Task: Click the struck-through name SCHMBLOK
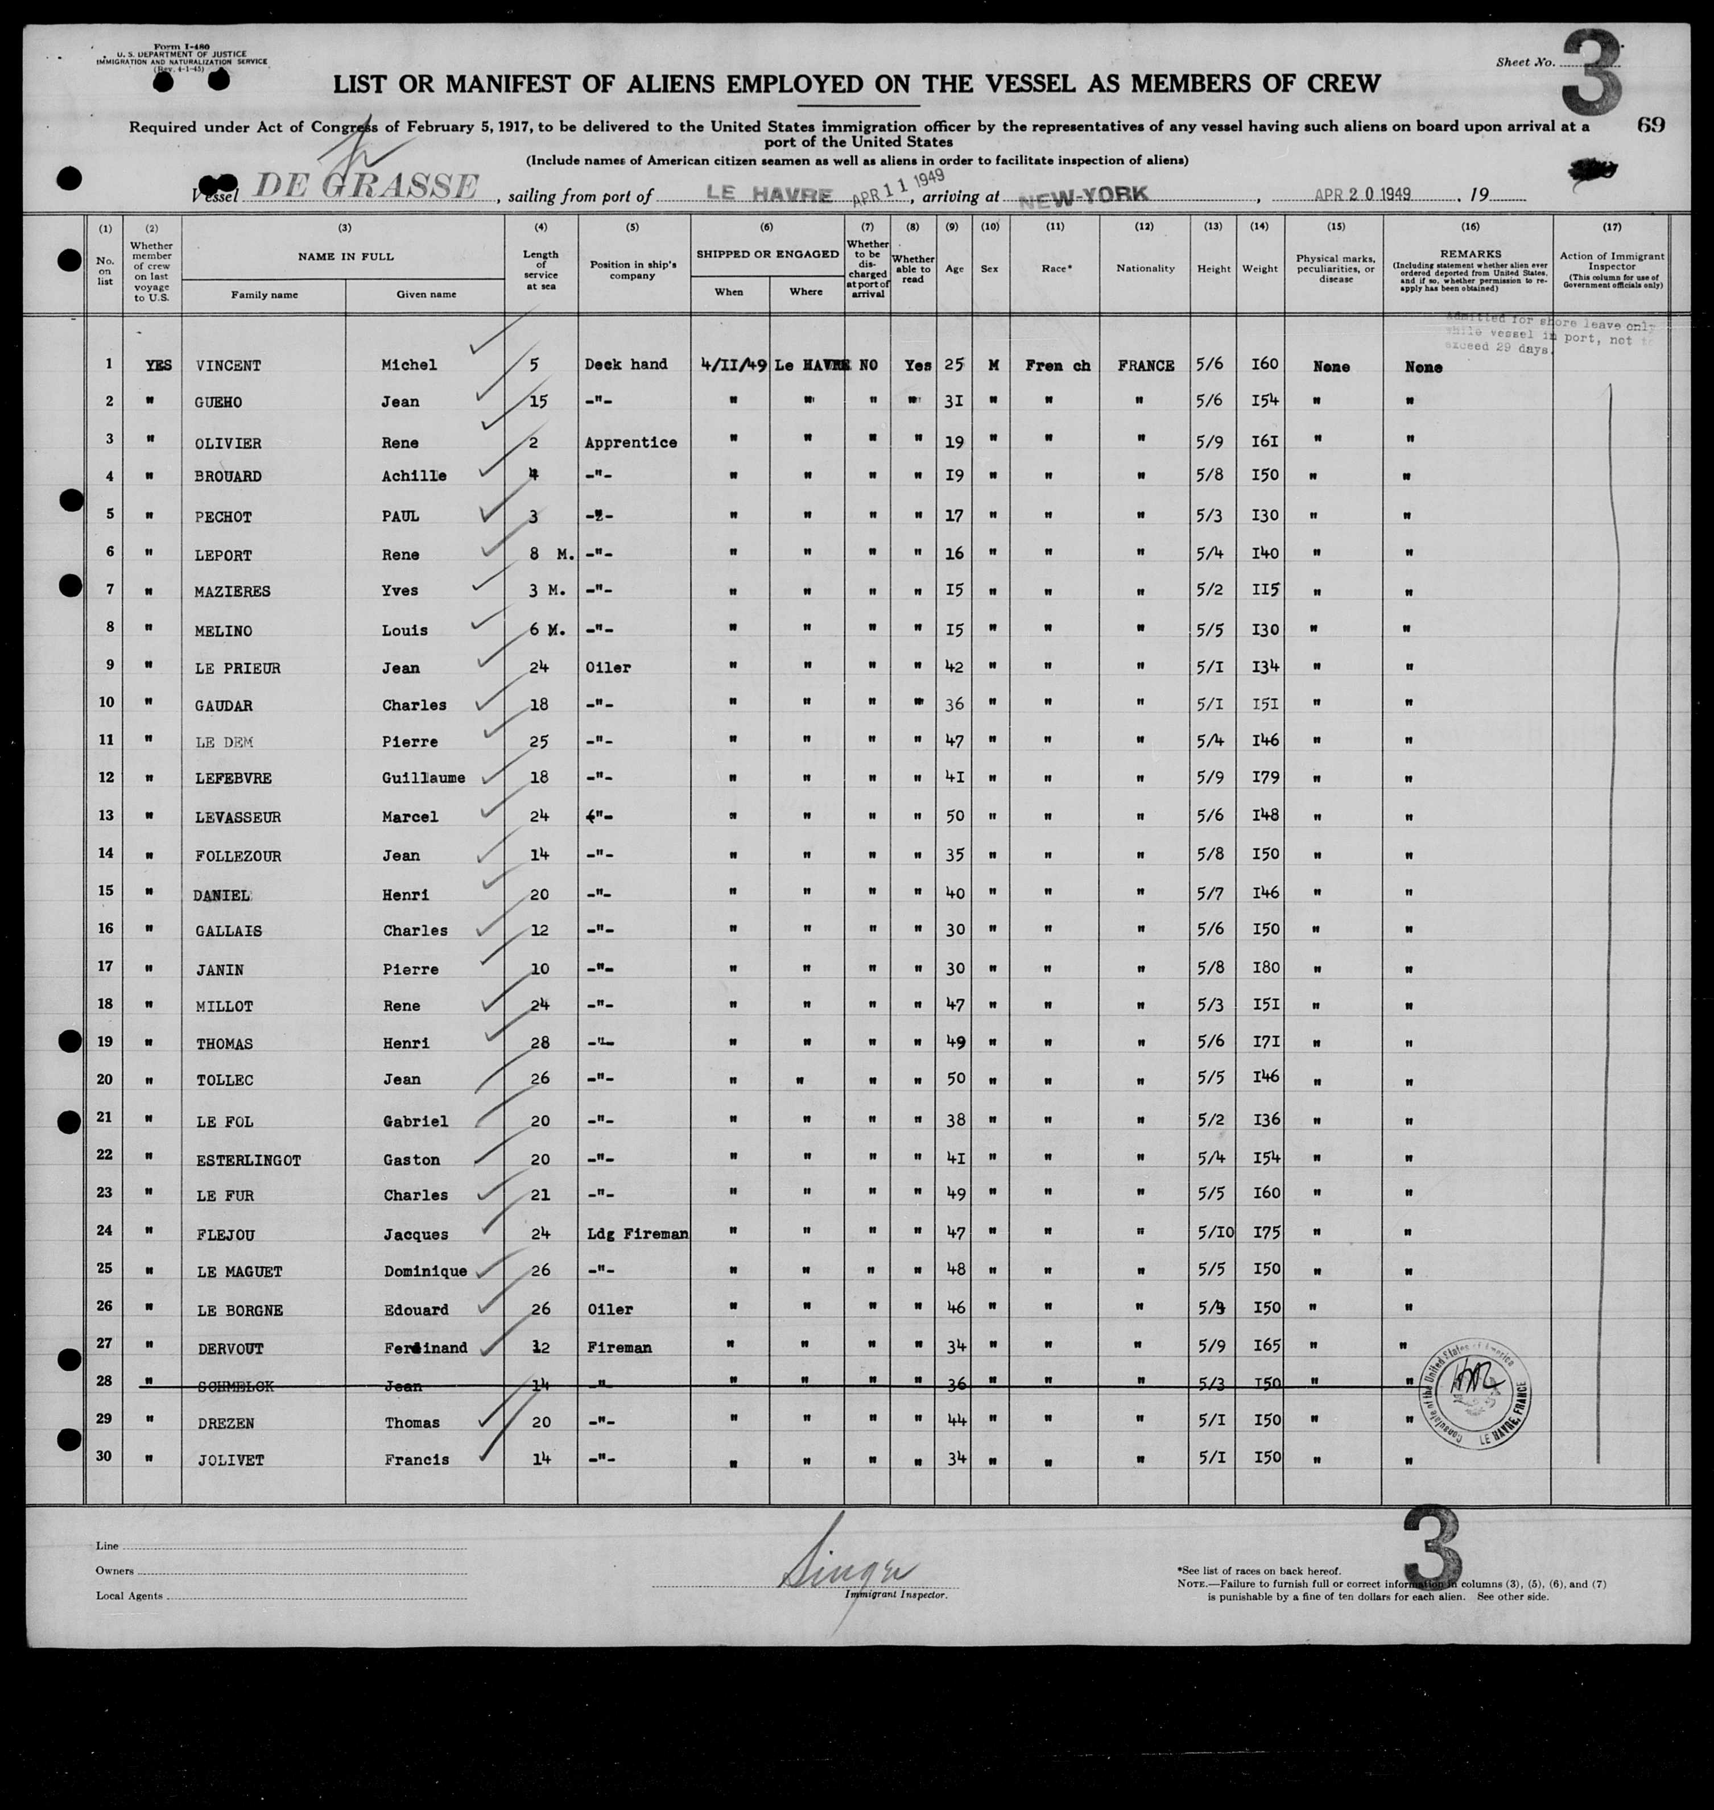(x=236, y=1386)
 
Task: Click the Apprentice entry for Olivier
(x=630, y=442)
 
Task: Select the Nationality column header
(x=1144, y=268)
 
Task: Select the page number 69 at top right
(x=1651, y=125)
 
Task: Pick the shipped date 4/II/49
(x=728, y=363)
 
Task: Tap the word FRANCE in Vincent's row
(x=1145, y=366)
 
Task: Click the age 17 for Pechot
(x=954, y=515)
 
